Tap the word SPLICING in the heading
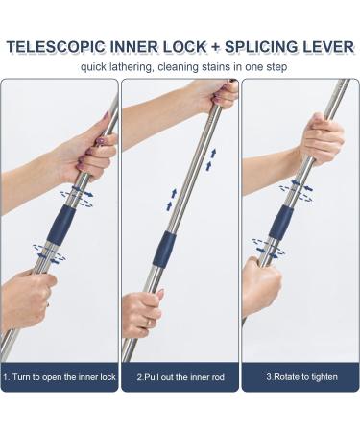coord(252,45)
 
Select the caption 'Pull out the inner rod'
coord(180,376)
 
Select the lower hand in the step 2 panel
coord(140,313)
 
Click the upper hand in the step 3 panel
coord(321,140)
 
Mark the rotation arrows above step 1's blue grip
coord(77,195)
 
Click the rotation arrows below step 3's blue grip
coord(268,249)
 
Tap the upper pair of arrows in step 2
coord(210,158)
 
